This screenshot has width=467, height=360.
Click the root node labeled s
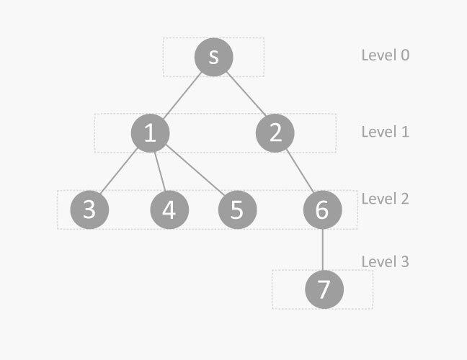click(213, 57)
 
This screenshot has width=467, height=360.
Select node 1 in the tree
click(151, 133)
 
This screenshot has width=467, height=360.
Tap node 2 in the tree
click(275, 133)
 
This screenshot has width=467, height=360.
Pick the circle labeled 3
click(89, 210)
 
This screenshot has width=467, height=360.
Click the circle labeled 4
click(169, 210)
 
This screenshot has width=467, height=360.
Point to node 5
click(237, 210)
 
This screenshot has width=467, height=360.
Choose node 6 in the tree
click(323, 210)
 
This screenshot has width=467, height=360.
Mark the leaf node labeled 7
click(324, 289)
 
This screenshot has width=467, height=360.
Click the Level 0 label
click(386, 55)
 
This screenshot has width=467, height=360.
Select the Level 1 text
click(386, 132)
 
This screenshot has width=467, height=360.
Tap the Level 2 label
click(386, 199)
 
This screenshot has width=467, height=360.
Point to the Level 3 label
click(386, 262)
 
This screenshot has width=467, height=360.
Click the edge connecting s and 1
click(182, 94)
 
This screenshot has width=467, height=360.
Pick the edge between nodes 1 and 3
click(118, 171)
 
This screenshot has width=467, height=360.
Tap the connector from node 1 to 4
click(160, 171)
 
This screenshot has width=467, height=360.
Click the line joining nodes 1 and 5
click(195, 169)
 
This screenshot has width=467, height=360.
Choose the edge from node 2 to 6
click(300, 171)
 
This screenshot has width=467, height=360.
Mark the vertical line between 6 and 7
click(323, 250)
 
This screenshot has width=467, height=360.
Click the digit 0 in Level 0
click(405, 55)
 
